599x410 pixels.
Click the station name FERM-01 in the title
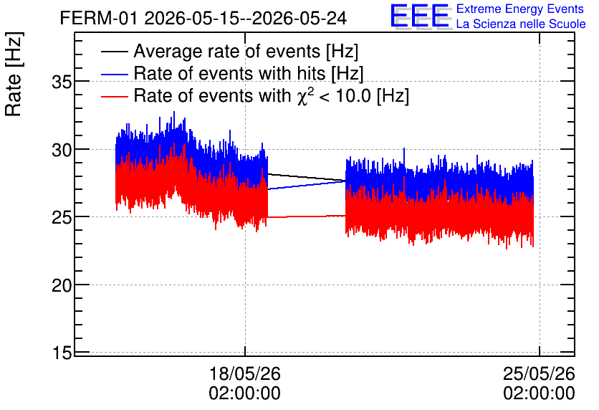tap(98, 19)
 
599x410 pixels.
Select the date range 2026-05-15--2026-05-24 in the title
tap(246, 19)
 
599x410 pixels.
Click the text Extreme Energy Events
tap(520, 9)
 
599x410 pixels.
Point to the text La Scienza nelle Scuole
tap(521, 24)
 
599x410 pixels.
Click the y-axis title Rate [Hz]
tap(14, 74)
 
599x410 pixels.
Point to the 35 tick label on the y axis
tap(62, 82)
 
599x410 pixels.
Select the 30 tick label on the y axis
tap(62, 150)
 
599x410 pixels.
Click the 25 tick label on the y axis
tap(62, 217)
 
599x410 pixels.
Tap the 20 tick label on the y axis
tap(62, 285)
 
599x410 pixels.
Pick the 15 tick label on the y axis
tap(62, 353)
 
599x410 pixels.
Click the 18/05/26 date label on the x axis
tap(245, 373)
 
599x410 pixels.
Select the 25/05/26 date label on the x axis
tap(539, 373)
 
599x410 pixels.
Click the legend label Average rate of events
tap(227, 51)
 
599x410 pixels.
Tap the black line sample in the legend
tap(114, 52)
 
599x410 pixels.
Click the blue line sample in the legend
tap(114, 74)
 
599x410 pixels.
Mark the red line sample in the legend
tap(114, 96)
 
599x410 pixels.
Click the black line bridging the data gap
tap(307, 177)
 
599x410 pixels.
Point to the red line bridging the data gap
tap(307, 216)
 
